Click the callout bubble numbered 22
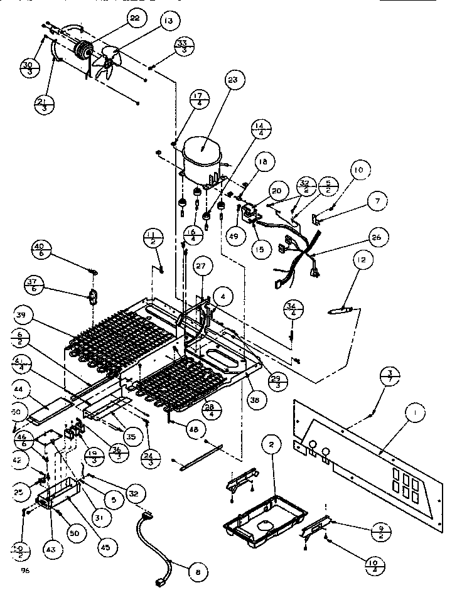134,19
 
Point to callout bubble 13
166,21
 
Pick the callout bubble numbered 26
376,238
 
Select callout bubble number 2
271,446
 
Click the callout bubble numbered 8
198,572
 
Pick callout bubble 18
261,162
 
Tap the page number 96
26,570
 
